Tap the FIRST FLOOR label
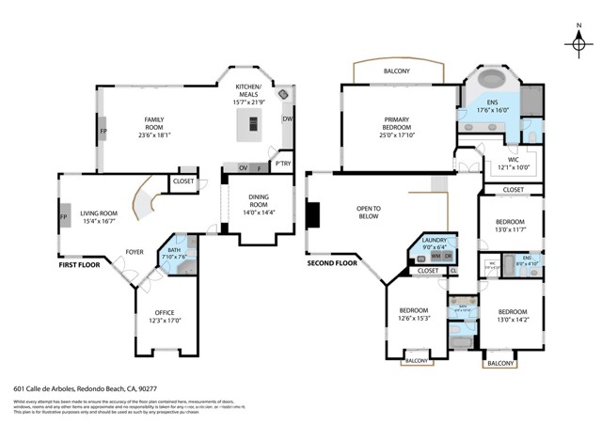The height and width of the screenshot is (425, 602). click(81, 266)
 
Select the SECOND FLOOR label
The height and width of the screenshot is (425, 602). click(333, 263)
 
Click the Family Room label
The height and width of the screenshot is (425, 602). click(153, 126)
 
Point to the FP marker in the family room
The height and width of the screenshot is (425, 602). click(103, 132)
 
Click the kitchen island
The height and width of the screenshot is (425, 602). click(251, 122)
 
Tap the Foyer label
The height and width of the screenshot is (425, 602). click(135, 252)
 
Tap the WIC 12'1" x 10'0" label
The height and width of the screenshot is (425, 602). click(513, 164)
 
